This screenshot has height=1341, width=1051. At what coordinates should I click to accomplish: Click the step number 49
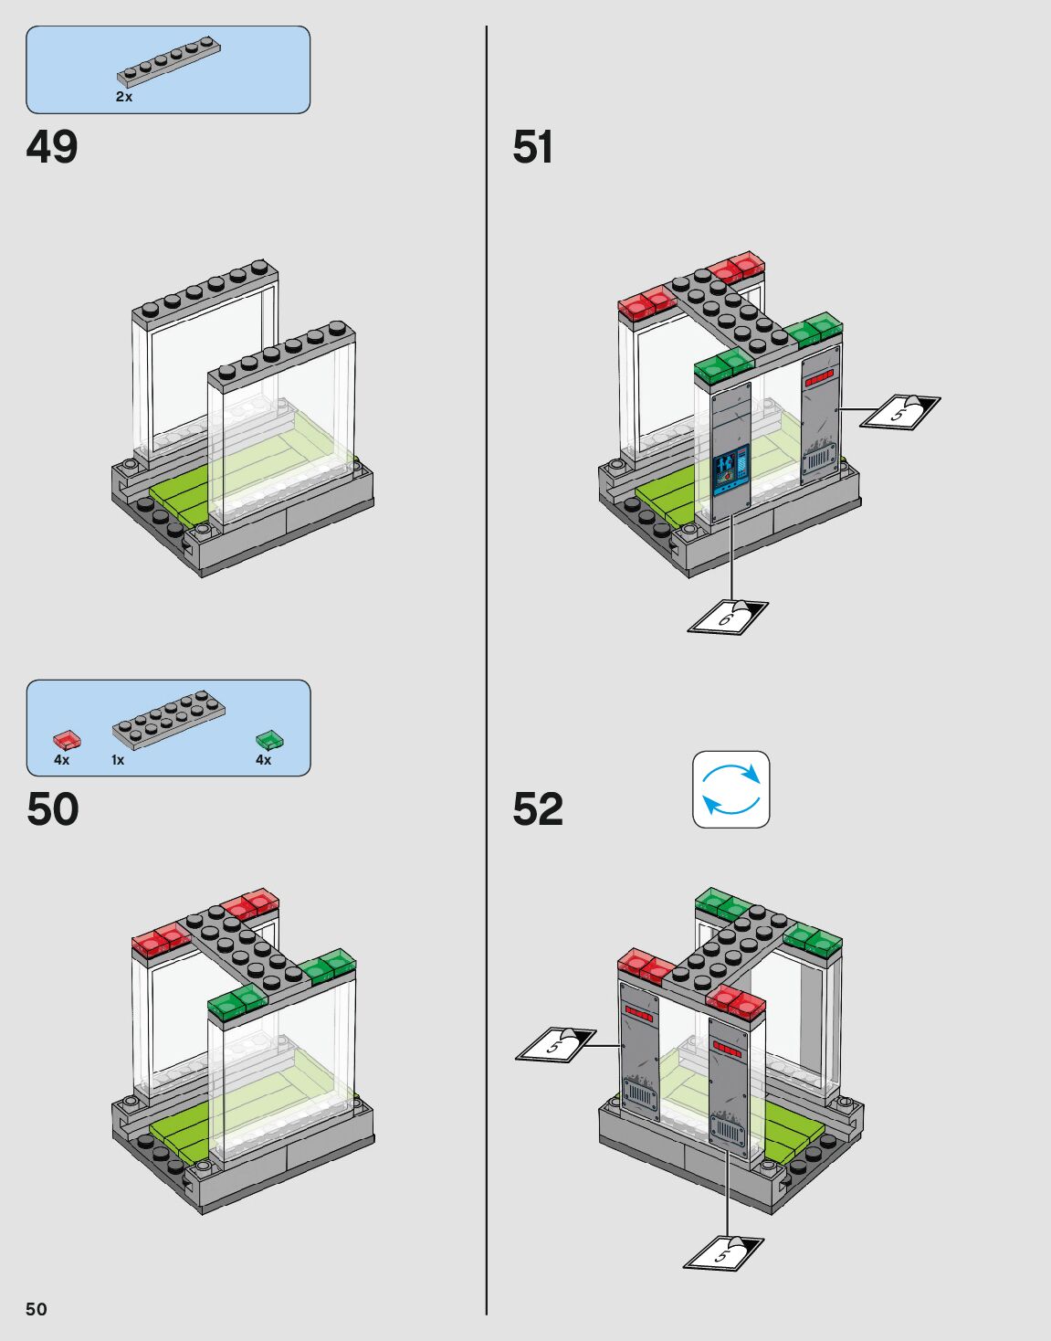(52, 147)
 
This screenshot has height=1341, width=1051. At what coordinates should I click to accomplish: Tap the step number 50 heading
(53, 809)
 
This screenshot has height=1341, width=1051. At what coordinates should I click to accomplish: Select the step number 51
(532, 147)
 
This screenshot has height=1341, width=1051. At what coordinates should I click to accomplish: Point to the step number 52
(537, 809)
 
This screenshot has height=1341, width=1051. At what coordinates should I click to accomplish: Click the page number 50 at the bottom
(36, 1309)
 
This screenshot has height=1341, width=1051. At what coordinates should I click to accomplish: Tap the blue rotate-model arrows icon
(730, 789)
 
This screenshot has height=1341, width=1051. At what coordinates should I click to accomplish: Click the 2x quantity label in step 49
(124, 97)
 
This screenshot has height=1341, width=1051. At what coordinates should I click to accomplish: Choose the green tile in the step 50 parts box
(269, 739)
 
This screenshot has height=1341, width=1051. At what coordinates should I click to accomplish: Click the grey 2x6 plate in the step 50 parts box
(169, 717)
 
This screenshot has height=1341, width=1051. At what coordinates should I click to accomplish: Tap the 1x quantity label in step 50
(118, 760)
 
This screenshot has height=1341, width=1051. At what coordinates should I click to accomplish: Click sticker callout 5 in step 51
(900, 411)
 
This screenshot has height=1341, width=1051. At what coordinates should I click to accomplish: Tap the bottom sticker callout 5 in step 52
(723, 1252)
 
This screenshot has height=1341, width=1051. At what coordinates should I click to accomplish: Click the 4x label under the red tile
(61, 760)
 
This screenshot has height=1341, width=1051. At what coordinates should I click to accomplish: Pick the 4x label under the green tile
(263, 760)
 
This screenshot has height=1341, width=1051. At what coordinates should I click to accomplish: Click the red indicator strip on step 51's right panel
(819, 377)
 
